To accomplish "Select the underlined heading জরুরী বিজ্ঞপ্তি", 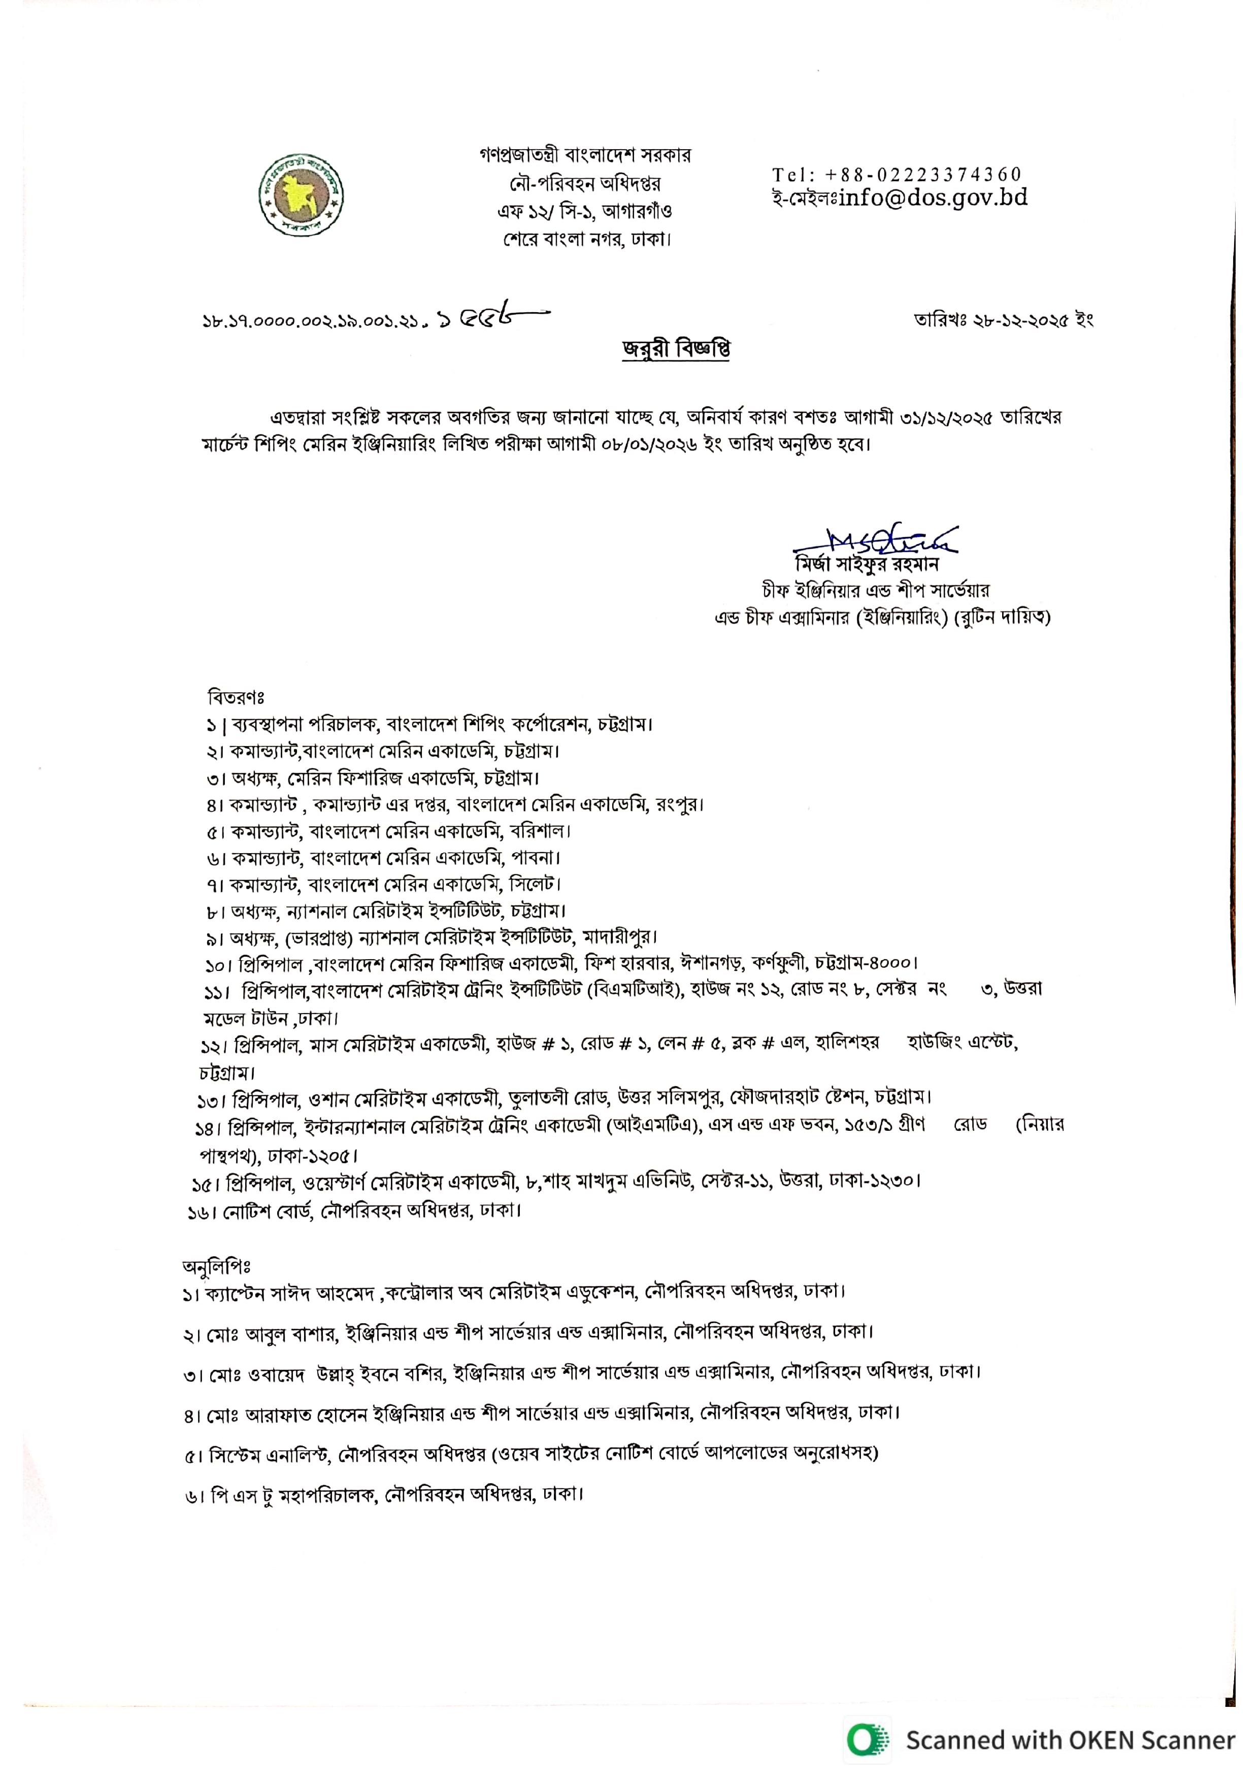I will pos(676,350).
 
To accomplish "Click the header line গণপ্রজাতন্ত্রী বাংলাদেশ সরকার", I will pos(585,155).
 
